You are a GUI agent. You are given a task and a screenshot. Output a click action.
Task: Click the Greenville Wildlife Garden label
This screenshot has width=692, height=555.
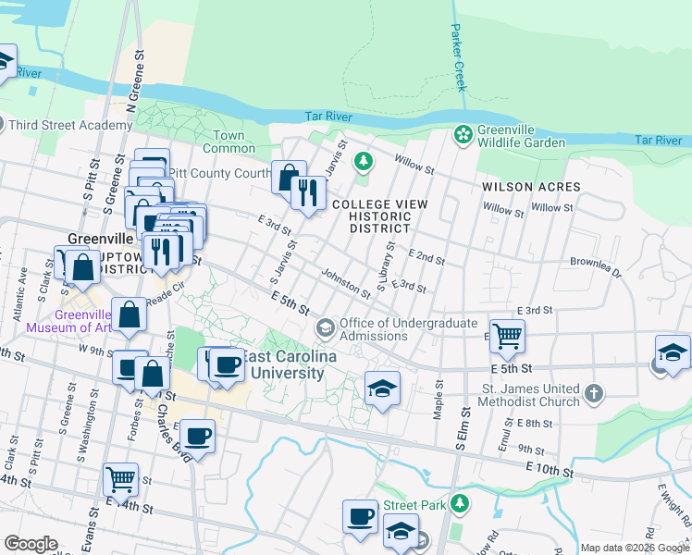[521, 136]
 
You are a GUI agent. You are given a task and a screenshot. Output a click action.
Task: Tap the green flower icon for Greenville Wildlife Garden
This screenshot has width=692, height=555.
[463, 136]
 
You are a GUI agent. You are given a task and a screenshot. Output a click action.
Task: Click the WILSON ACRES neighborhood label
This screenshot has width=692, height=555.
[531, 187]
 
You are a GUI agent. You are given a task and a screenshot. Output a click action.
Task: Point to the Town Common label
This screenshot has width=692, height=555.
[229, 142]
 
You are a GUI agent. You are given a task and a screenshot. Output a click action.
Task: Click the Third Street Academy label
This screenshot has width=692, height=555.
[71, 125]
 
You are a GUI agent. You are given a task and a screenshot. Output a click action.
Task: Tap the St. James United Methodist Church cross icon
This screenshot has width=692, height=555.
[593, 394]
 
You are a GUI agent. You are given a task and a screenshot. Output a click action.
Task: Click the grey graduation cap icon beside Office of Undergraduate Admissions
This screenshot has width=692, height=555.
[325, 327]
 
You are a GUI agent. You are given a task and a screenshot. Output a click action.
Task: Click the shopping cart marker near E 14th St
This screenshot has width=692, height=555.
[121, 479]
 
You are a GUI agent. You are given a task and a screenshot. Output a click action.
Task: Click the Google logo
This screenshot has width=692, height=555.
[31, 544]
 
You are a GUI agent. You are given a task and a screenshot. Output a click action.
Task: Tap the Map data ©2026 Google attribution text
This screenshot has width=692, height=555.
[634, 548]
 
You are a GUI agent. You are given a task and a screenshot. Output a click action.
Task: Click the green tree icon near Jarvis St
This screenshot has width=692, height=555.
[364, 163]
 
